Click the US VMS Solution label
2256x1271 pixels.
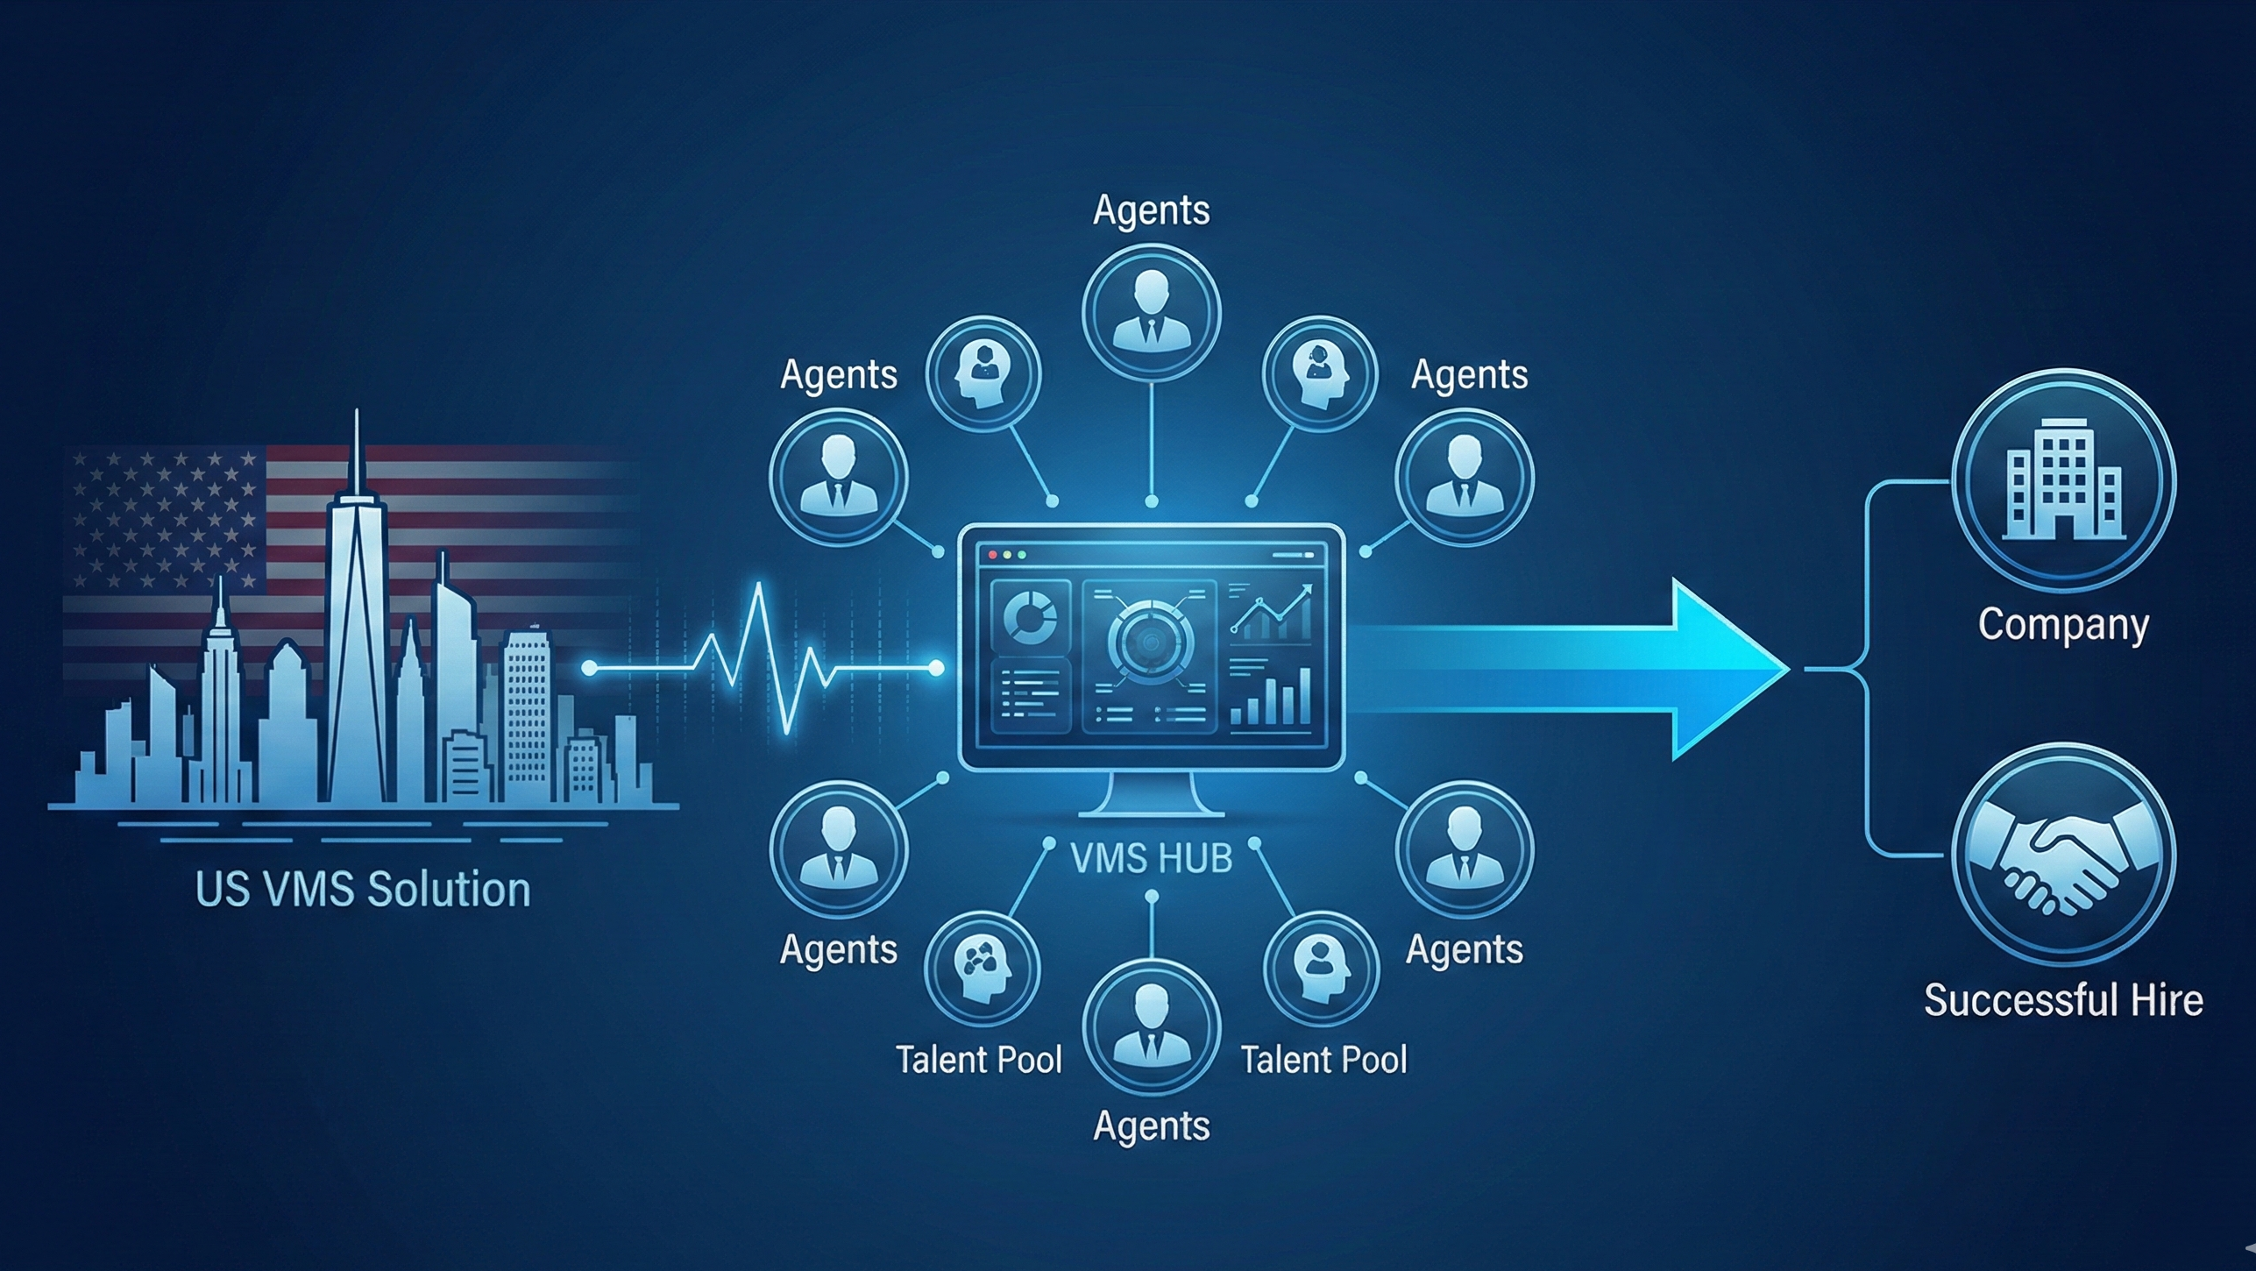(363, 890)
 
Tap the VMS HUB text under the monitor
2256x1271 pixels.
(1152, 857)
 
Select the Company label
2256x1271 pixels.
(2063, 625)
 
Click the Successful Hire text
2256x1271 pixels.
(2063, 1000)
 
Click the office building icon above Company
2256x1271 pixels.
(2063, 480)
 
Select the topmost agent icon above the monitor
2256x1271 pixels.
(1151, 311)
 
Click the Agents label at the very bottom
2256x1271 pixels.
(1151, 1125)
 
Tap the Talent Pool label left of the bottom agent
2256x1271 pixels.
(978, 1060)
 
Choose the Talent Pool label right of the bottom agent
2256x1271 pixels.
(1323, 1060)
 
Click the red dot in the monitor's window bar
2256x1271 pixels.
(993, 555)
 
